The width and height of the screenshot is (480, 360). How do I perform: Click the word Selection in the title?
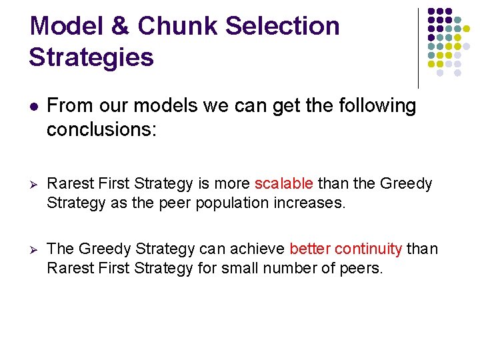pos(283,26)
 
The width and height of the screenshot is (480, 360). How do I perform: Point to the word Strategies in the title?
pos(91,57)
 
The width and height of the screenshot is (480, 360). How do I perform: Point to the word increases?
pos(312,203)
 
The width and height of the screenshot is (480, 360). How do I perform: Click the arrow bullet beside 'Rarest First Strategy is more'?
pos(34,184)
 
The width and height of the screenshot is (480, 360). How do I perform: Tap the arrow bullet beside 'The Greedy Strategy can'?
pos(34,249)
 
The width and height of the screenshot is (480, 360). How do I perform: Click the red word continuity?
pos(369,249)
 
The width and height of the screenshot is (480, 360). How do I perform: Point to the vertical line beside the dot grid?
pos(419,47)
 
